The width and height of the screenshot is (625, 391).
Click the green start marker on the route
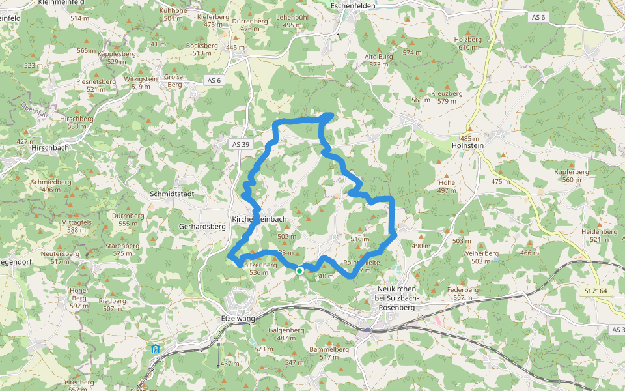coord(299,270)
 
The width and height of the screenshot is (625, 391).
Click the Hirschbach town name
coord(49,147)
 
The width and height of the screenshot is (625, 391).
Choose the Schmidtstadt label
coord(172,194)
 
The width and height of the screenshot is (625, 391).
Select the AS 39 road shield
coord(240,144)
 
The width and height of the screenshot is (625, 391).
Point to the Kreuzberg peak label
coord(447,93)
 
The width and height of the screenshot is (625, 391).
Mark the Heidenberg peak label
coord(599,231)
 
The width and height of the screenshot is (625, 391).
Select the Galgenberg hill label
coord(286,330)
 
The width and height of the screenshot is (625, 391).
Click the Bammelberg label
coord(329,349)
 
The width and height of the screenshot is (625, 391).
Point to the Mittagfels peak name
coord(77,222)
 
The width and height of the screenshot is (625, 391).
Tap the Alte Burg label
coord(379,57)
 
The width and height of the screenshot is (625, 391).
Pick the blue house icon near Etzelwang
coord(156,349)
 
